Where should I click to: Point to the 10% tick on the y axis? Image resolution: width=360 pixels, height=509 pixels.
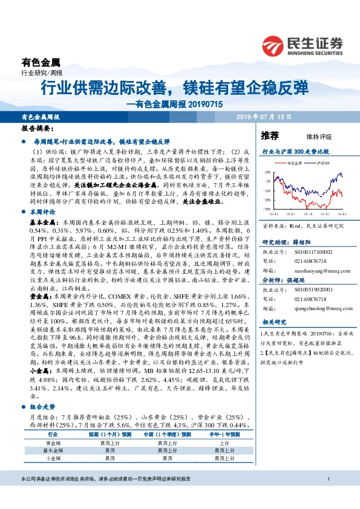[267, 172]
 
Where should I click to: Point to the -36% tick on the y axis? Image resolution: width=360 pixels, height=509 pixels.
[267, 209]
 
